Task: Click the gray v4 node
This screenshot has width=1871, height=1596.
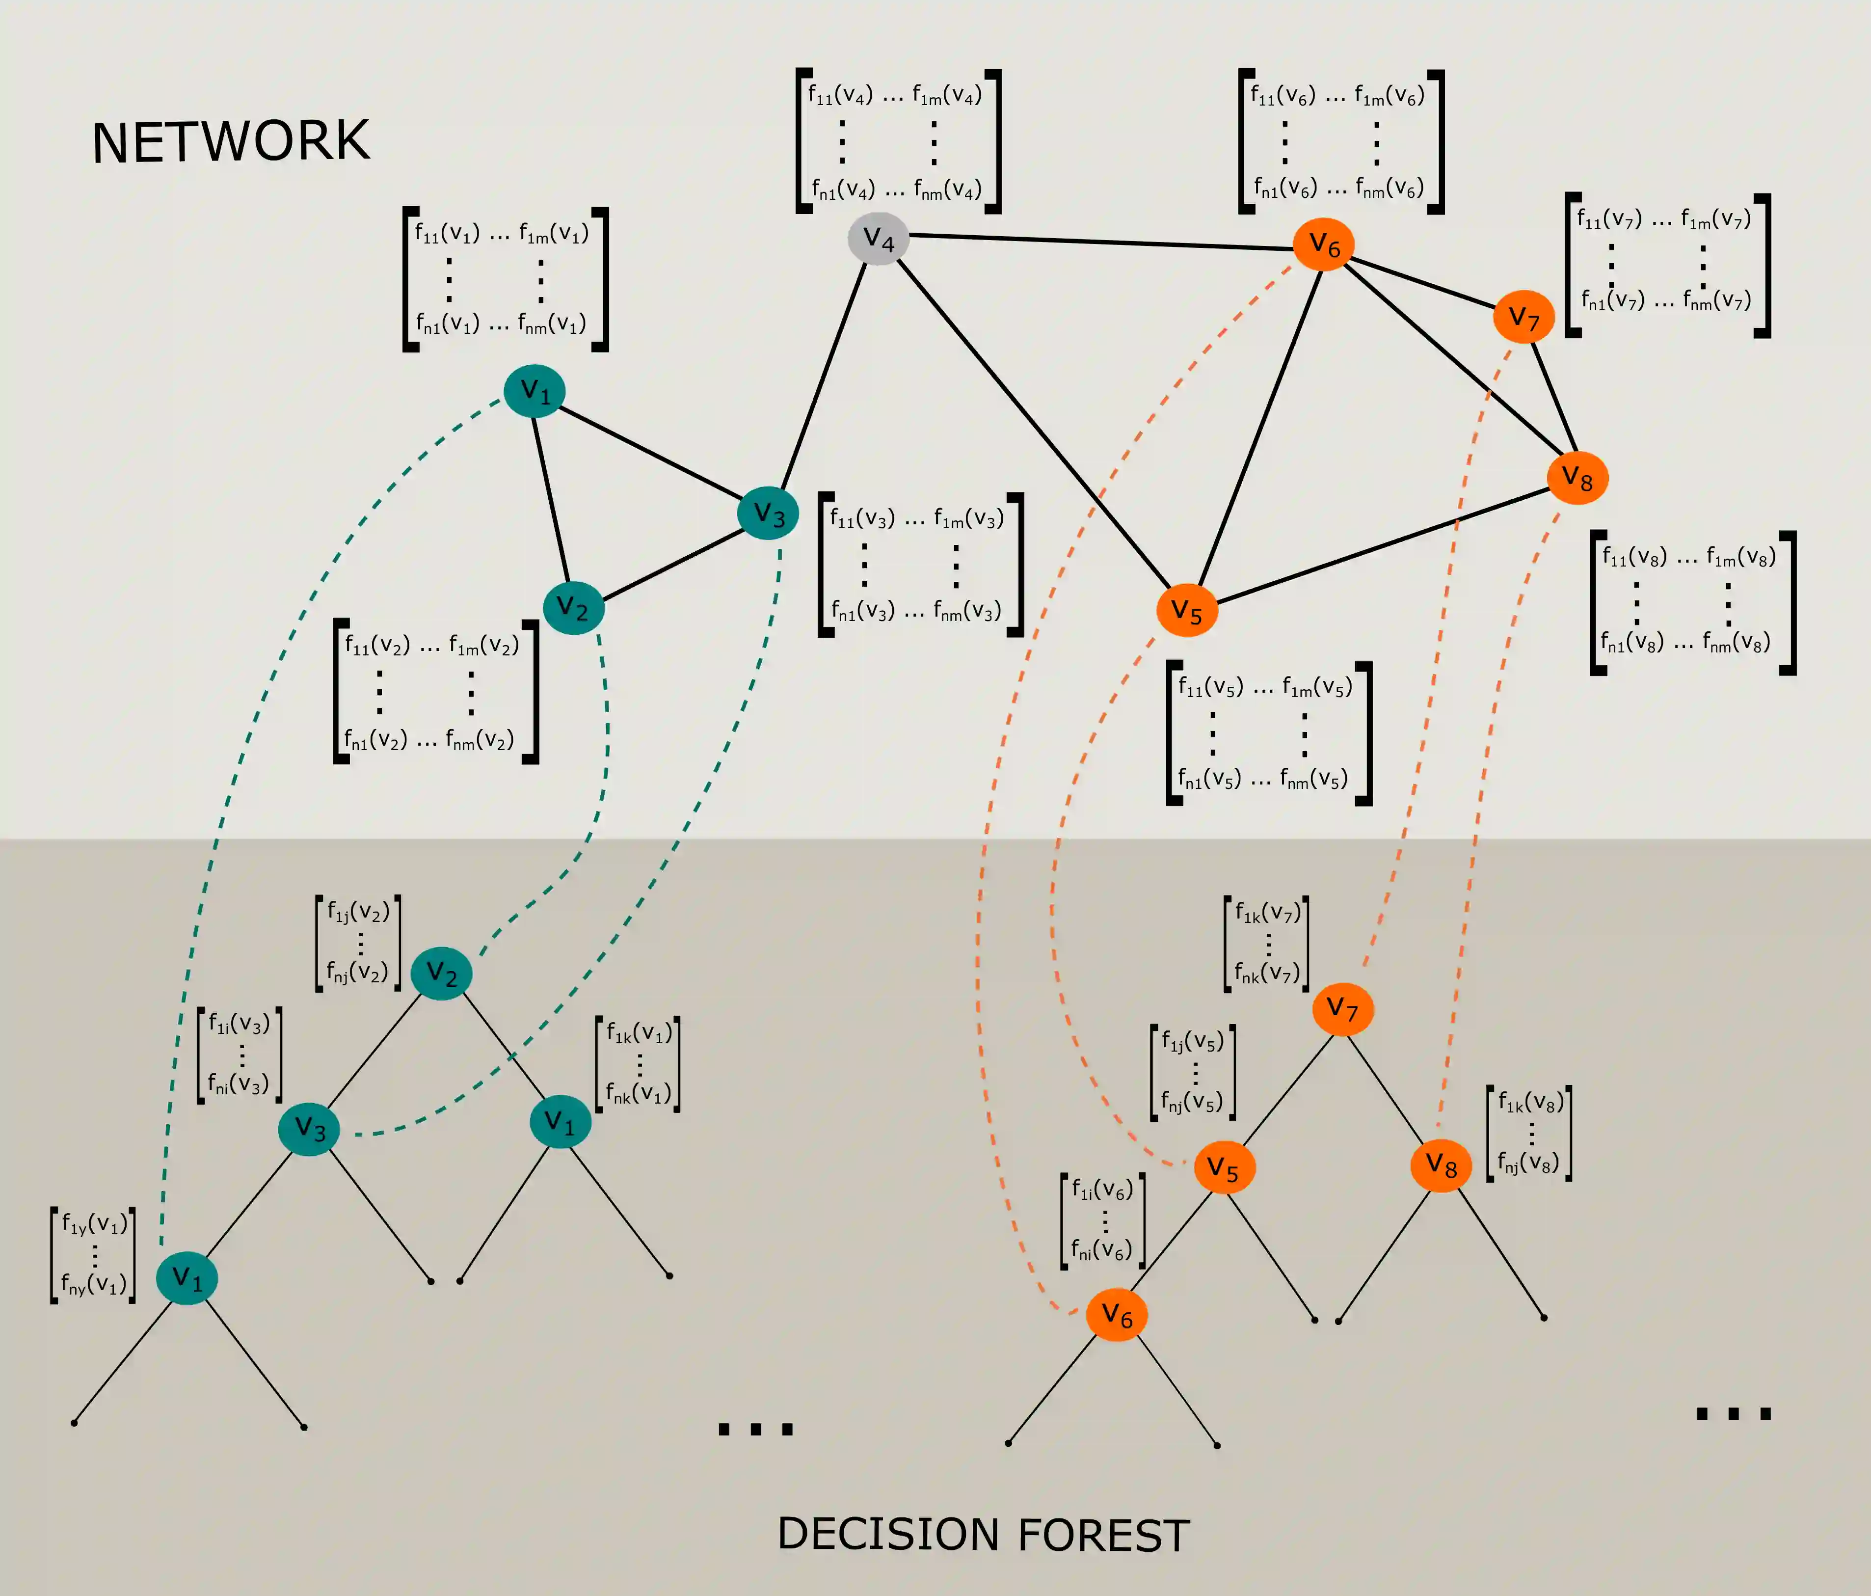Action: click(878, 240)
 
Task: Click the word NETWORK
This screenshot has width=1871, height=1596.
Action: click(231, 142)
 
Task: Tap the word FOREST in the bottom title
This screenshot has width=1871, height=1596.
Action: click(1103, 1536)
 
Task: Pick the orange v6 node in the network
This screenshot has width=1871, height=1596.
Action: click(1324, 244)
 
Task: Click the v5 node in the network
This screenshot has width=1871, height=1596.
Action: click(1186, 612)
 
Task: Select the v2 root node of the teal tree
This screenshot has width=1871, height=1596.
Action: click(442, 973)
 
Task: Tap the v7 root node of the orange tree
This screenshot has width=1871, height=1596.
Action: click(1343, 1009)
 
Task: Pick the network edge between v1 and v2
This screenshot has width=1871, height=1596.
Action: click(551, 499)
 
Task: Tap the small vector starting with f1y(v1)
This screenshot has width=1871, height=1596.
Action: click(93, 1255)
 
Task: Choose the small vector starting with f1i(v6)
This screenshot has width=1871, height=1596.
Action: click(1102, 1220)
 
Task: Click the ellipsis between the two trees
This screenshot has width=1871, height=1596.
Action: click(755, 1429)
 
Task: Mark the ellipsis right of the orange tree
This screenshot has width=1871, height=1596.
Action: click(1733, 1413)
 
